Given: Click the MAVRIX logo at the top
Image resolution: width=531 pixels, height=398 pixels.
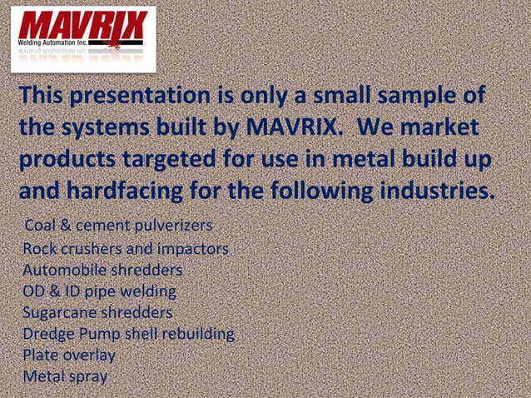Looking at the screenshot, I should tap(82, 27).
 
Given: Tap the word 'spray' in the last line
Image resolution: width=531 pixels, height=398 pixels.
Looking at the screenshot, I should tap(88, 376).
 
